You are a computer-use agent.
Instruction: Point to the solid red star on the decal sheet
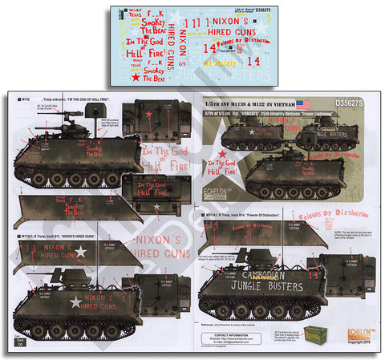pyautogui.click(x=137, y=78)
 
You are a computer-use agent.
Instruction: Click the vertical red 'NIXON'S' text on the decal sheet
pyautogui.click(x=183, y=44)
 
